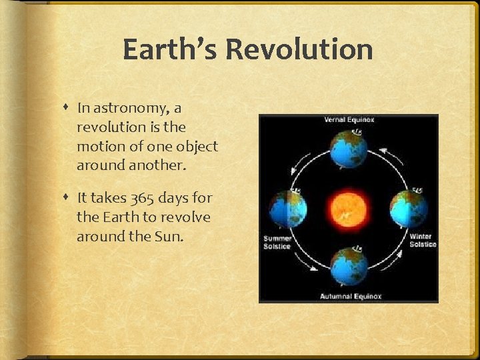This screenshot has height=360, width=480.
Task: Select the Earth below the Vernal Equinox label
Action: tap(347, 148)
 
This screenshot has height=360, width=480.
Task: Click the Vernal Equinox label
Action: tap(349, 120)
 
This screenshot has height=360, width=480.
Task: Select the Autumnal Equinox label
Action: tap(350, 296)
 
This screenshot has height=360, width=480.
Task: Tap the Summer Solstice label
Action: tap(277, 242)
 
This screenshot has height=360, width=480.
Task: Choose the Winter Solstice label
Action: tap(422, 240)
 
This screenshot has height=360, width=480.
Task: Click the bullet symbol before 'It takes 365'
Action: tap(68, 198)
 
